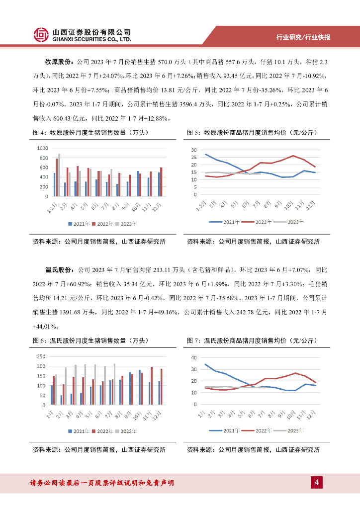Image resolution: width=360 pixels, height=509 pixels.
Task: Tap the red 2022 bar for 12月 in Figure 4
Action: click(161, 181)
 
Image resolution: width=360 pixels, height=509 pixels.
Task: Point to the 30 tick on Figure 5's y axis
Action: click(194, 150)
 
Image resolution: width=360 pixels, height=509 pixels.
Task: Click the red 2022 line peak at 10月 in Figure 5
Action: click(293, 156)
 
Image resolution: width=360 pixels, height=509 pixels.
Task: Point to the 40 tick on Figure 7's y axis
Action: click(194, 357)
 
